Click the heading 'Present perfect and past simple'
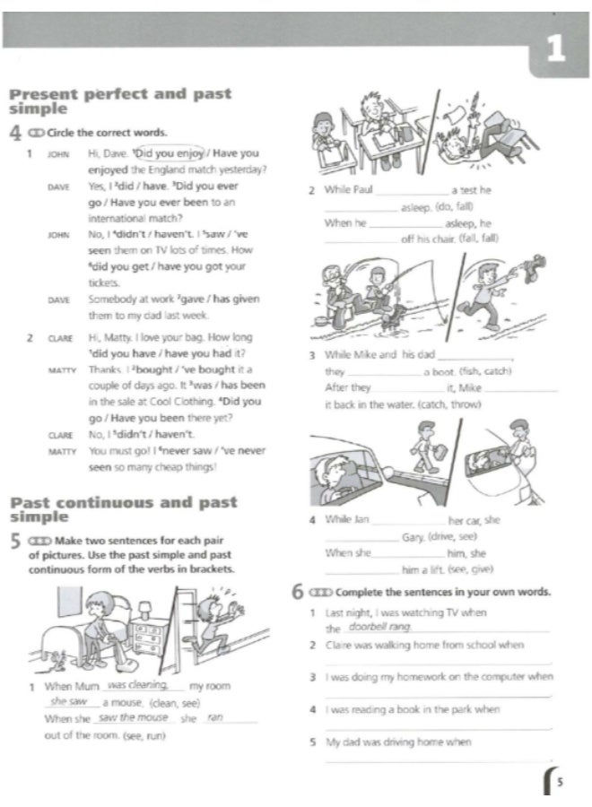click(x=118, y=100)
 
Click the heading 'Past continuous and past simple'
click(x=122, y=509)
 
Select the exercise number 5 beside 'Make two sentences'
click(x=14, y=542)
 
